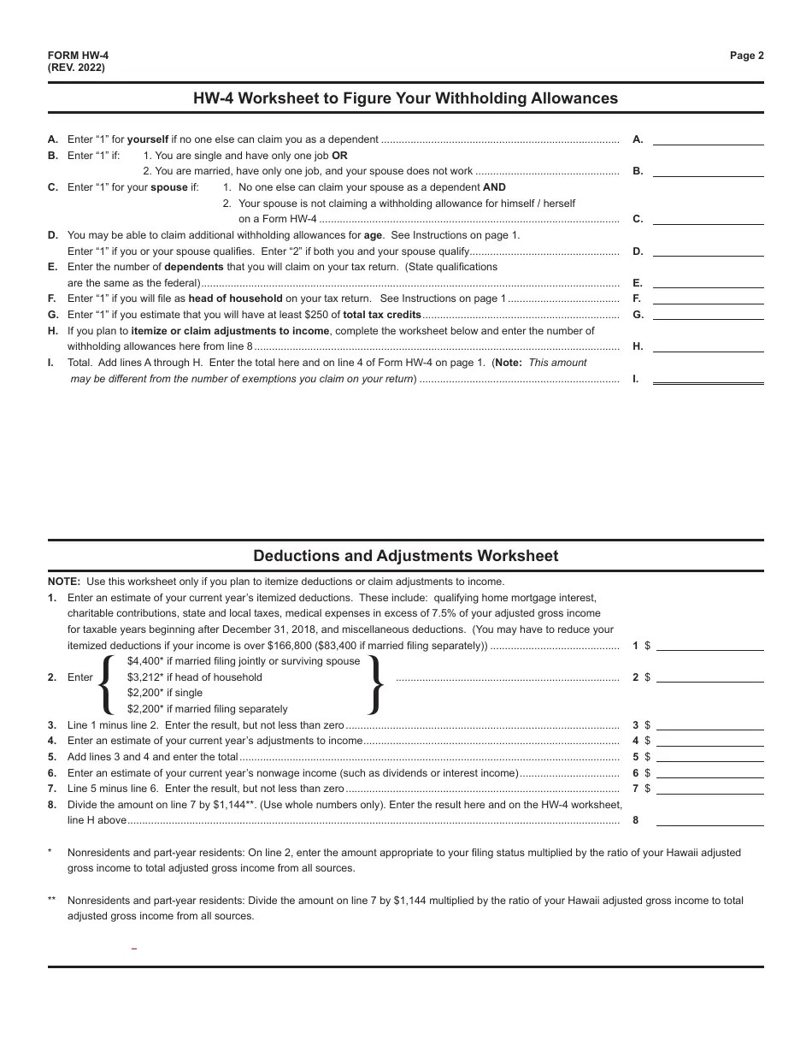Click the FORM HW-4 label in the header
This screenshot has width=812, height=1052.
click(x=78, y=56)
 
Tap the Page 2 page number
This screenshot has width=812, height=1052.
click(x=746, y=56)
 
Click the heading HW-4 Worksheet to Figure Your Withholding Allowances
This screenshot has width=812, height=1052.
click(x=405, y=98)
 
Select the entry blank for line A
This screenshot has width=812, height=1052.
click(x=708, y=139)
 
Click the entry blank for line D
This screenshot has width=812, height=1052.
click(x=708, y=251)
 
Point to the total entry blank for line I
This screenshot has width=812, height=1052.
click(x=708, y=378)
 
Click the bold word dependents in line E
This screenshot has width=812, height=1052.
click(x=194, y=267)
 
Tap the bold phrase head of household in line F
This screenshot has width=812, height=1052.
click(x=235, y=298)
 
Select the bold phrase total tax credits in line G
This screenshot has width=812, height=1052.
click(x=382, y=315)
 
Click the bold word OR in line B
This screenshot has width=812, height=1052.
click(x=339, y=156)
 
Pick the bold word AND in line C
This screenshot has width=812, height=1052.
click(x=494, y=187)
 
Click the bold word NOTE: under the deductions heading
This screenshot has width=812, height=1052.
click(x=64, y=582)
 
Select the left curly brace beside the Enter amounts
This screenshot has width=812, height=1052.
click(x=107, y=685)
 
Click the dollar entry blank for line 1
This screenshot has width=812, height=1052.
click(x=709, y=646)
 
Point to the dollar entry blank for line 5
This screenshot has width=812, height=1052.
click(x=709, y=757)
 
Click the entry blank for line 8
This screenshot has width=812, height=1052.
click(x=709, y=820)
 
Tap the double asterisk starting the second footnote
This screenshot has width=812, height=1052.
click(x=52, y=901)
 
